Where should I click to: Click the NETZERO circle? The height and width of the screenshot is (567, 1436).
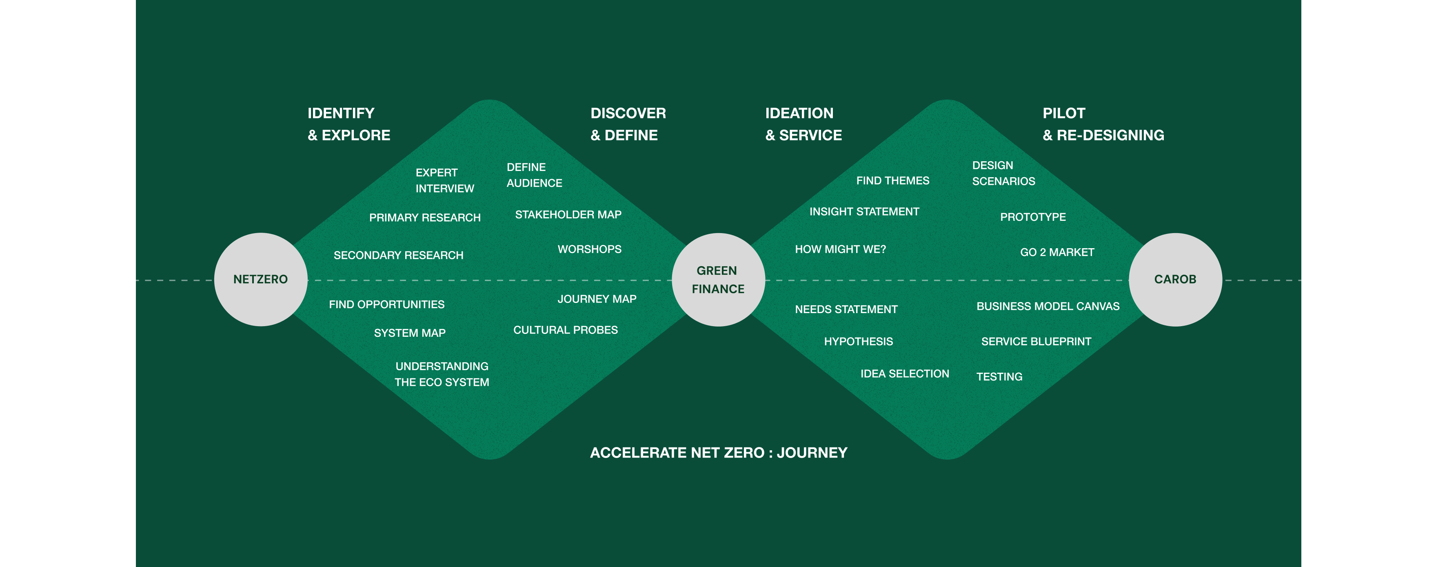260,279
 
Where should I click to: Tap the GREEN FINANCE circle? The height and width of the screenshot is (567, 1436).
718,279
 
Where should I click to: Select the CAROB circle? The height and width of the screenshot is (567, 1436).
1175,279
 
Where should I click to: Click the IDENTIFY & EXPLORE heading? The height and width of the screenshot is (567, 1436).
348,124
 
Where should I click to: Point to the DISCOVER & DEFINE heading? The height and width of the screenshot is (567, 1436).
628,124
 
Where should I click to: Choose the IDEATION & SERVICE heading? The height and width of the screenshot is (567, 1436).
803,124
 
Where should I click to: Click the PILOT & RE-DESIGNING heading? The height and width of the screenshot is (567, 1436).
1103,124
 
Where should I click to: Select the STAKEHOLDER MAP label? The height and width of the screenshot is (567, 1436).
568,215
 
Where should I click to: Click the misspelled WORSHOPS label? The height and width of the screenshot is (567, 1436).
589,249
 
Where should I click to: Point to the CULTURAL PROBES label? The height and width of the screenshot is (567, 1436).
565,330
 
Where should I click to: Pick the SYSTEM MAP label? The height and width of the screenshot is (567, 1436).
410,333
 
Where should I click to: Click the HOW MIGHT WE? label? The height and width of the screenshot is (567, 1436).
840,249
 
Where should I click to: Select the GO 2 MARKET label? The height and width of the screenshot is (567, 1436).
1057,252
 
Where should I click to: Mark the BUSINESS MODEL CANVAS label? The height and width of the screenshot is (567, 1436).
1048,306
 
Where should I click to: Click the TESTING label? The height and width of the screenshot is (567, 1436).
999,377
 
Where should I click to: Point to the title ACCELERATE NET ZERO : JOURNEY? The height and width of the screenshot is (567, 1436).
718,453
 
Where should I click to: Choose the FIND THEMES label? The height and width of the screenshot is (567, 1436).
892,181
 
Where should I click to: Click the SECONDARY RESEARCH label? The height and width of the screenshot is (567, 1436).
398,256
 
